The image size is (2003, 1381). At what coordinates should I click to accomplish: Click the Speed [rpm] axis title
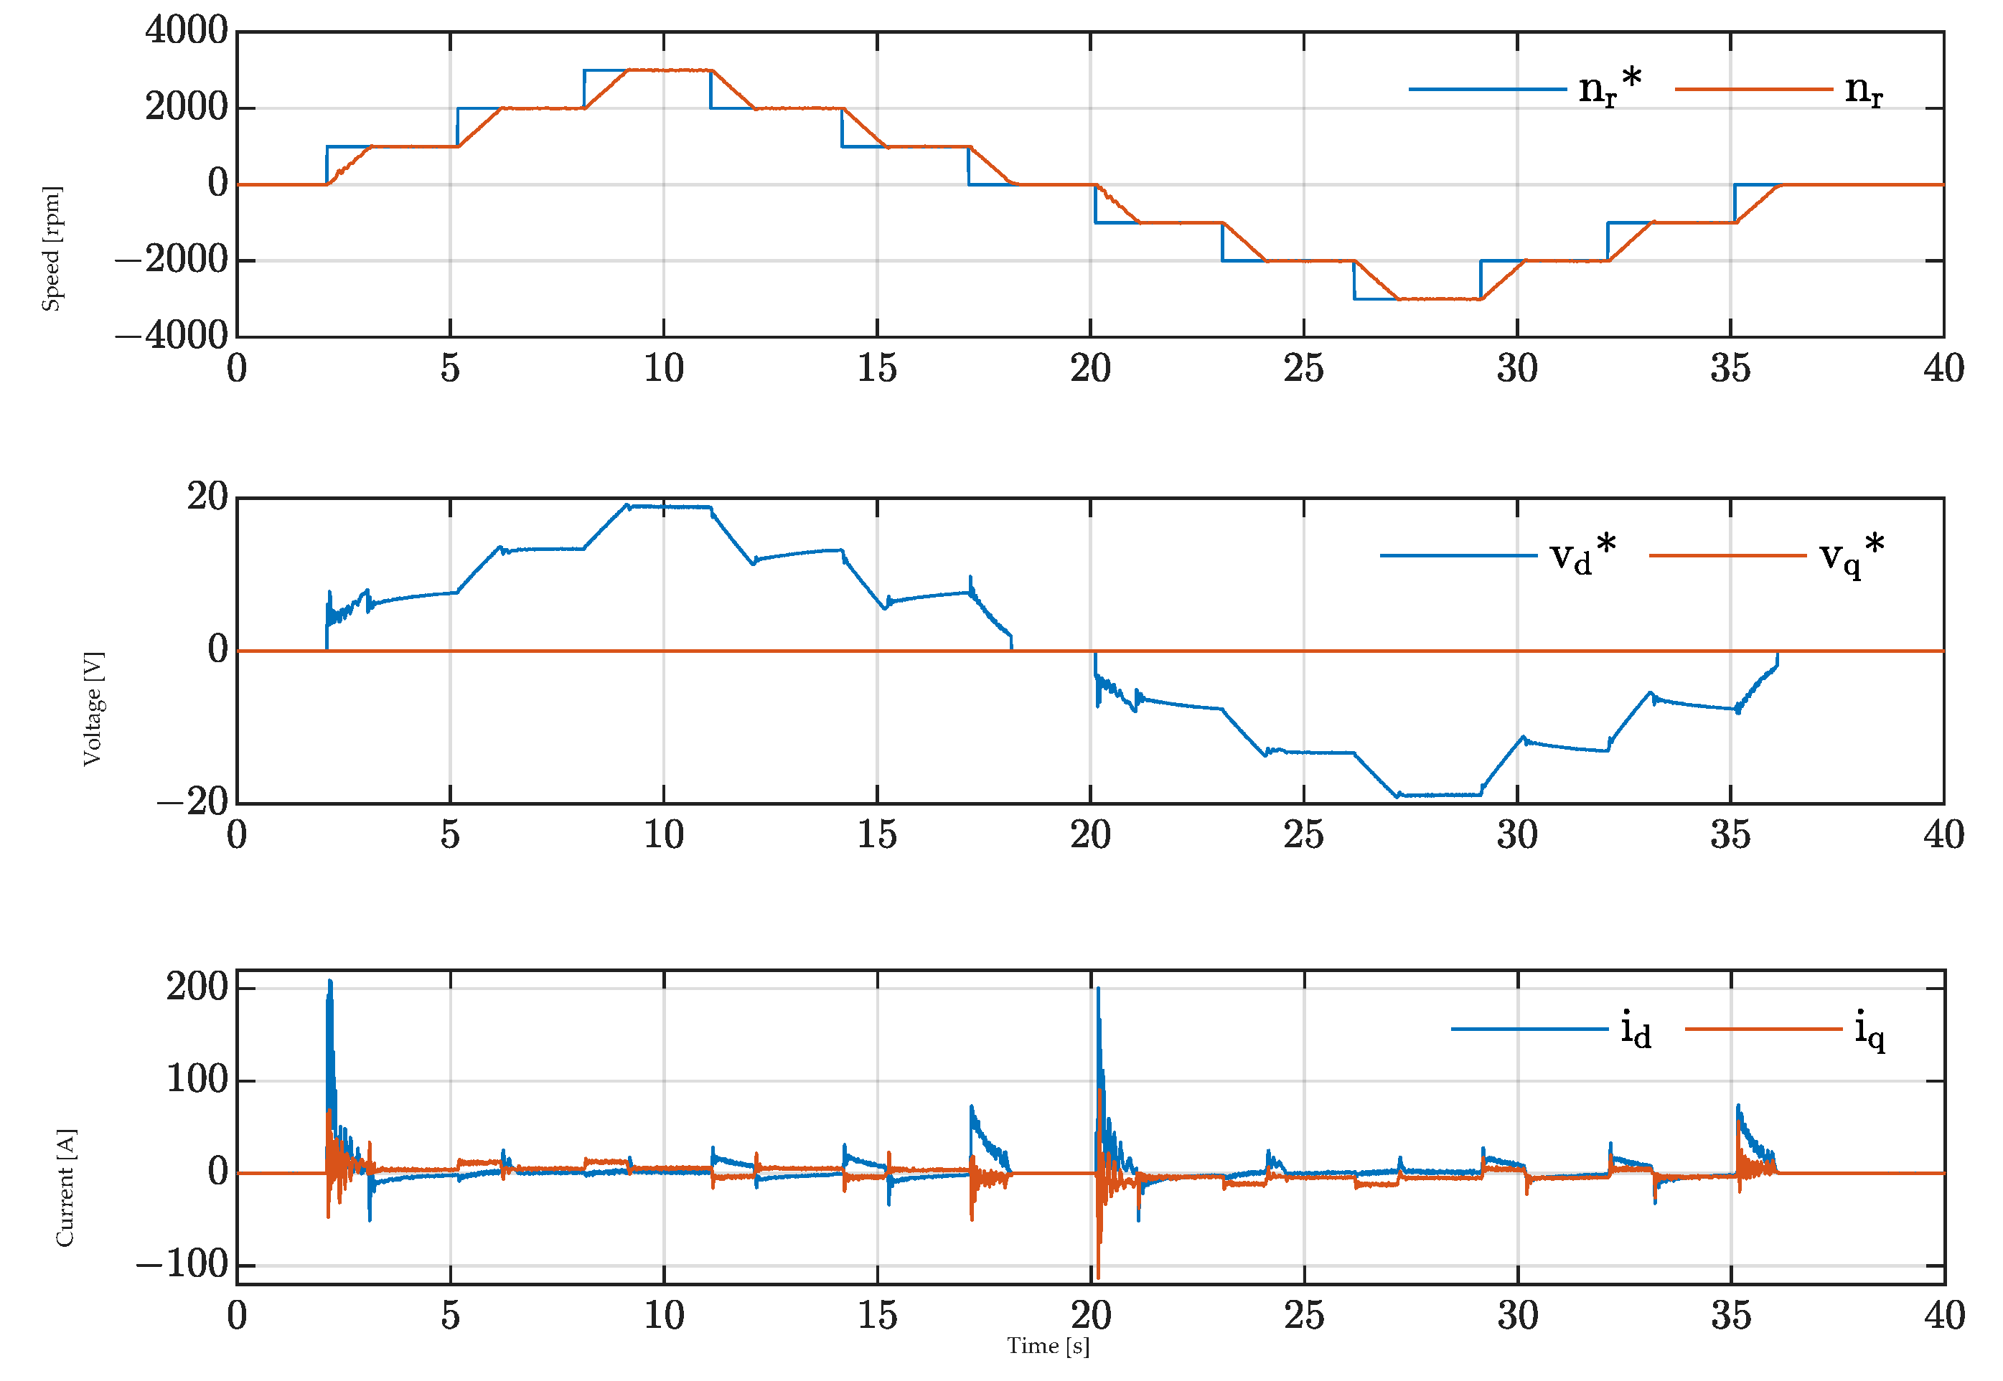pos(52,248)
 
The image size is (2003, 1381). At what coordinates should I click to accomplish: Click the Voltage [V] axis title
pos(93,710)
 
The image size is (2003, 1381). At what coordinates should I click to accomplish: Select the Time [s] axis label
pos(1049,1347)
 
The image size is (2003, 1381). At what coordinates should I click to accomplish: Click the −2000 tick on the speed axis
pos(172,260)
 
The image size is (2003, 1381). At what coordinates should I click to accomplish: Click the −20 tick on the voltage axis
pos(192,802)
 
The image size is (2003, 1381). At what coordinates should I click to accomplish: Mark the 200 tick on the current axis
pos(197,987)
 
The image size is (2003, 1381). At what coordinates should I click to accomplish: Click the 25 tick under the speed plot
pos(1303,369)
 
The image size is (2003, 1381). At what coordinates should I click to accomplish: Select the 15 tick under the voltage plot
pos(877,836)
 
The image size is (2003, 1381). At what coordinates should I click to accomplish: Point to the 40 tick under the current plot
pos(1944,1316)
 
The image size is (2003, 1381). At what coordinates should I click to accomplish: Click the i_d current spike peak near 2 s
pos(330,981)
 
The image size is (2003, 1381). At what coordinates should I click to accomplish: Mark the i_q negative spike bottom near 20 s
pos(1099,1278)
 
